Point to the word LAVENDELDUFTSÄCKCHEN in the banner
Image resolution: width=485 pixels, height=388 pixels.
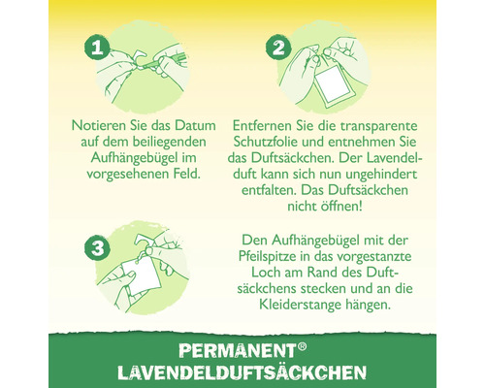coord(242,372)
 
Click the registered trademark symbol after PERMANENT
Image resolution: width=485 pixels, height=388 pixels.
coord(274,346)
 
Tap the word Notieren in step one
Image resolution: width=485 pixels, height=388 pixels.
coord(100,127)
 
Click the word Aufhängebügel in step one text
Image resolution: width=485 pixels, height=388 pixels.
coord(124,158)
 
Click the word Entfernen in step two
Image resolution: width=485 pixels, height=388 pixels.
coord(267,127)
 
